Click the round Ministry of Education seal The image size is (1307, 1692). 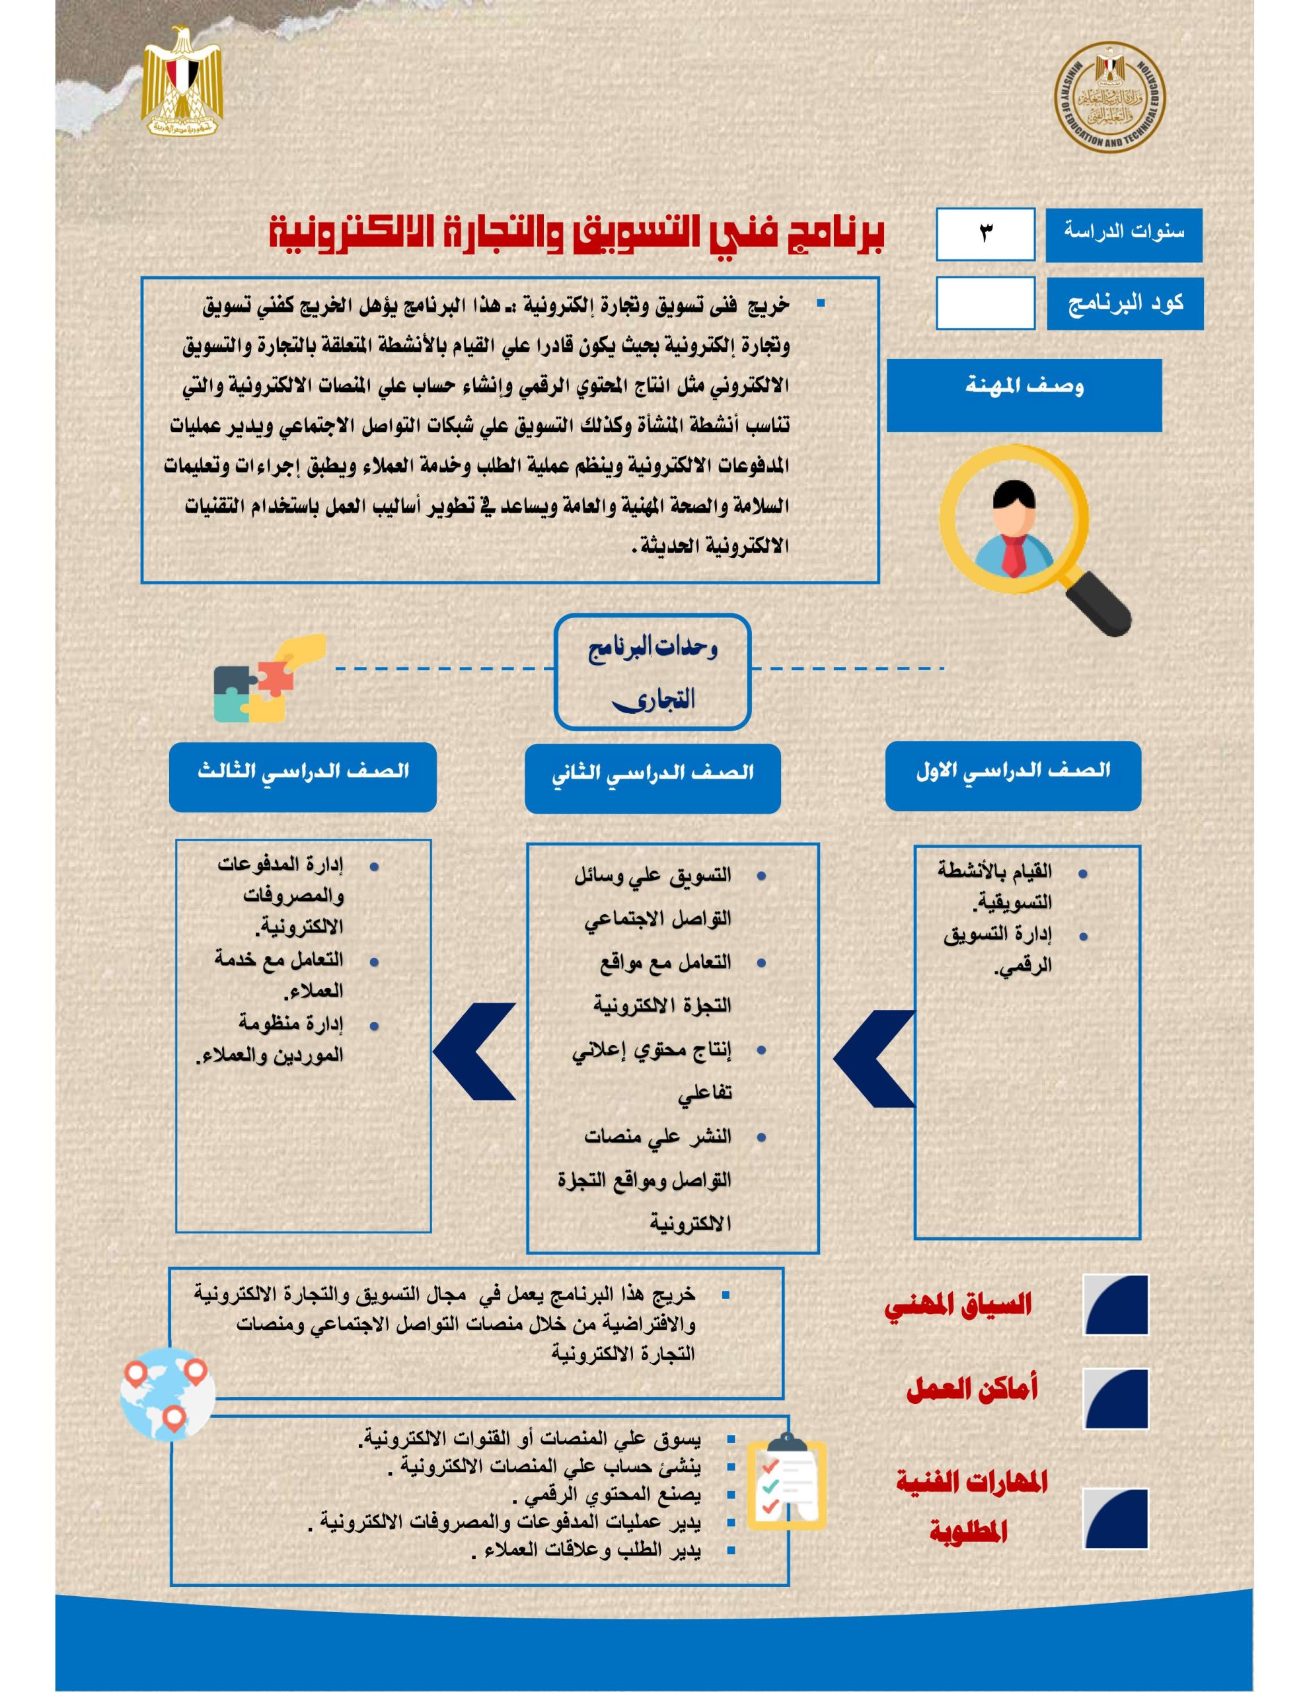(1109, 97)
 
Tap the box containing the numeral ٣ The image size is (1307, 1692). (985, 234)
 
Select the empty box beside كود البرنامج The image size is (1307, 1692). (985, 303)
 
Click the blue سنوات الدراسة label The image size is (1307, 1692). (1123, 235)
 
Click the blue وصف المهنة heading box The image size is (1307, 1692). (1024, 395)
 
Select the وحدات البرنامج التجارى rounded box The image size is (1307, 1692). (652, 672)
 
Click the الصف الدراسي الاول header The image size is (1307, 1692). (1012, 775)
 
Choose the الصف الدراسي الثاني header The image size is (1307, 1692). (652, 778)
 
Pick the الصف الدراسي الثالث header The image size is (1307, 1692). (303, 777)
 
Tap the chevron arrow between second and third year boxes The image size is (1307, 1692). (474, 1052)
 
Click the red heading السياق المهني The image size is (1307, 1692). (958, 1305)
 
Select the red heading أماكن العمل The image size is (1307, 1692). (971, 1390)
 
